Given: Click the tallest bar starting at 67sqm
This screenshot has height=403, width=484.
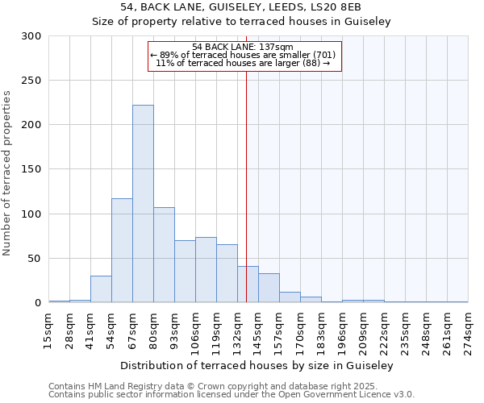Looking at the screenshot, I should [143, 204].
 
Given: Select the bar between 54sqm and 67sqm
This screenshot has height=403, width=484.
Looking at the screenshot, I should [122, 251].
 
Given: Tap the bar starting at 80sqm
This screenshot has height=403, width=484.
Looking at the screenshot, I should [164, 255].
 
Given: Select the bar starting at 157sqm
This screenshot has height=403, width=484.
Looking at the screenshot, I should [290, 297].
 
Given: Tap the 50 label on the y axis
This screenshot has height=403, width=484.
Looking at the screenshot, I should [35, 259].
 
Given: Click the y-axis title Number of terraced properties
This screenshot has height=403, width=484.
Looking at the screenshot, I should [7, 173].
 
